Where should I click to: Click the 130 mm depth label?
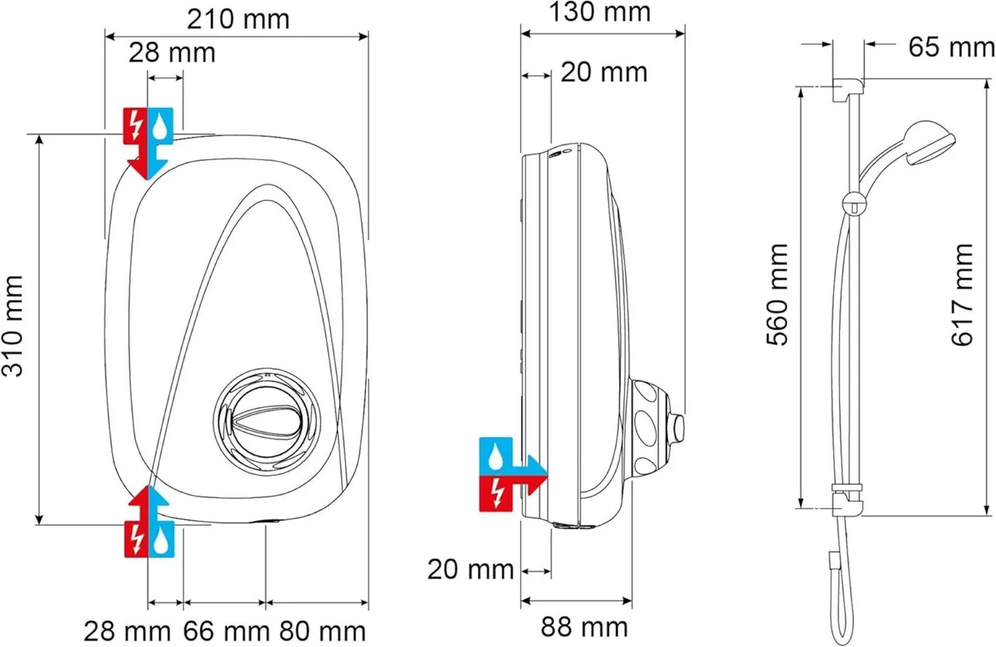[x=603, y=12]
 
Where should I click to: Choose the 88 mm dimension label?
[x=585, y=625]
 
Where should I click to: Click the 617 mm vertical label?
[x=962, y=295]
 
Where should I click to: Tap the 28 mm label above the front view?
[x=171, y=52]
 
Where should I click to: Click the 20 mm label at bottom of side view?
[x=471, y=570]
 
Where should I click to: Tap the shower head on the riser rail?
[x=933, y=147]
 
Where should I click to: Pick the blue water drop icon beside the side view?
[x=496, y=455]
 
